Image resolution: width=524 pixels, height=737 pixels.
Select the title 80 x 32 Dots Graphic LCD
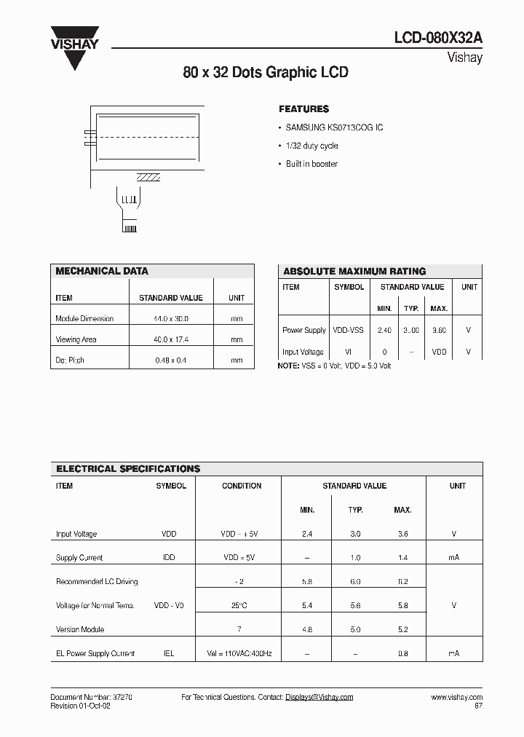tap(265, 73)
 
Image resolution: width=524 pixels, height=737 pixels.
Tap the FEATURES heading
tap(303, 109)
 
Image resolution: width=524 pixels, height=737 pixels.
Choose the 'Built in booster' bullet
tap(311, 164)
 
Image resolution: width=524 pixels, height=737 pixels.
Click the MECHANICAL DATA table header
tap(102, 271)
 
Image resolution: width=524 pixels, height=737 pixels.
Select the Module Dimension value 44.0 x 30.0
tap(170, 319)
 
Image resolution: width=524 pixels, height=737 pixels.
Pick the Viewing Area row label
tap(76, 339)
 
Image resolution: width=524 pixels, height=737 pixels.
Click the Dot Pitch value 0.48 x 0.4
tap(170, 360)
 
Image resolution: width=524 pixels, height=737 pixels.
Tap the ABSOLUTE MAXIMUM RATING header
tap(354, 271)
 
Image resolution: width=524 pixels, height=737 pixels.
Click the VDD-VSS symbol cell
tap(349, 330)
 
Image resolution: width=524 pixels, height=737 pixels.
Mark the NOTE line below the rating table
tap(334, 366)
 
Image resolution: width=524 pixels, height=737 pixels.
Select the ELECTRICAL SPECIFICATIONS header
tap(128, 469)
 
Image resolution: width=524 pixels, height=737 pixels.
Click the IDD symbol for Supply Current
tap(168, 558)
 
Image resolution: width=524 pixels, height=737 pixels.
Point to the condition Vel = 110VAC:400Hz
tap(238, 654)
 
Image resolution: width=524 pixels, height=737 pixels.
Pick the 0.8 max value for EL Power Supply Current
tap(402, 654)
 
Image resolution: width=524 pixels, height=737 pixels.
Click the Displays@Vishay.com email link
tap(319, 697)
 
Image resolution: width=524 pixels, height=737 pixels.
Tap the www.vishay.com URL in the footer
tap(456, 697)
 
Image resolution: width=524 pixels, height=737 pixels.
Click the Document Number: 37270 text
tap(91, 697)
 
